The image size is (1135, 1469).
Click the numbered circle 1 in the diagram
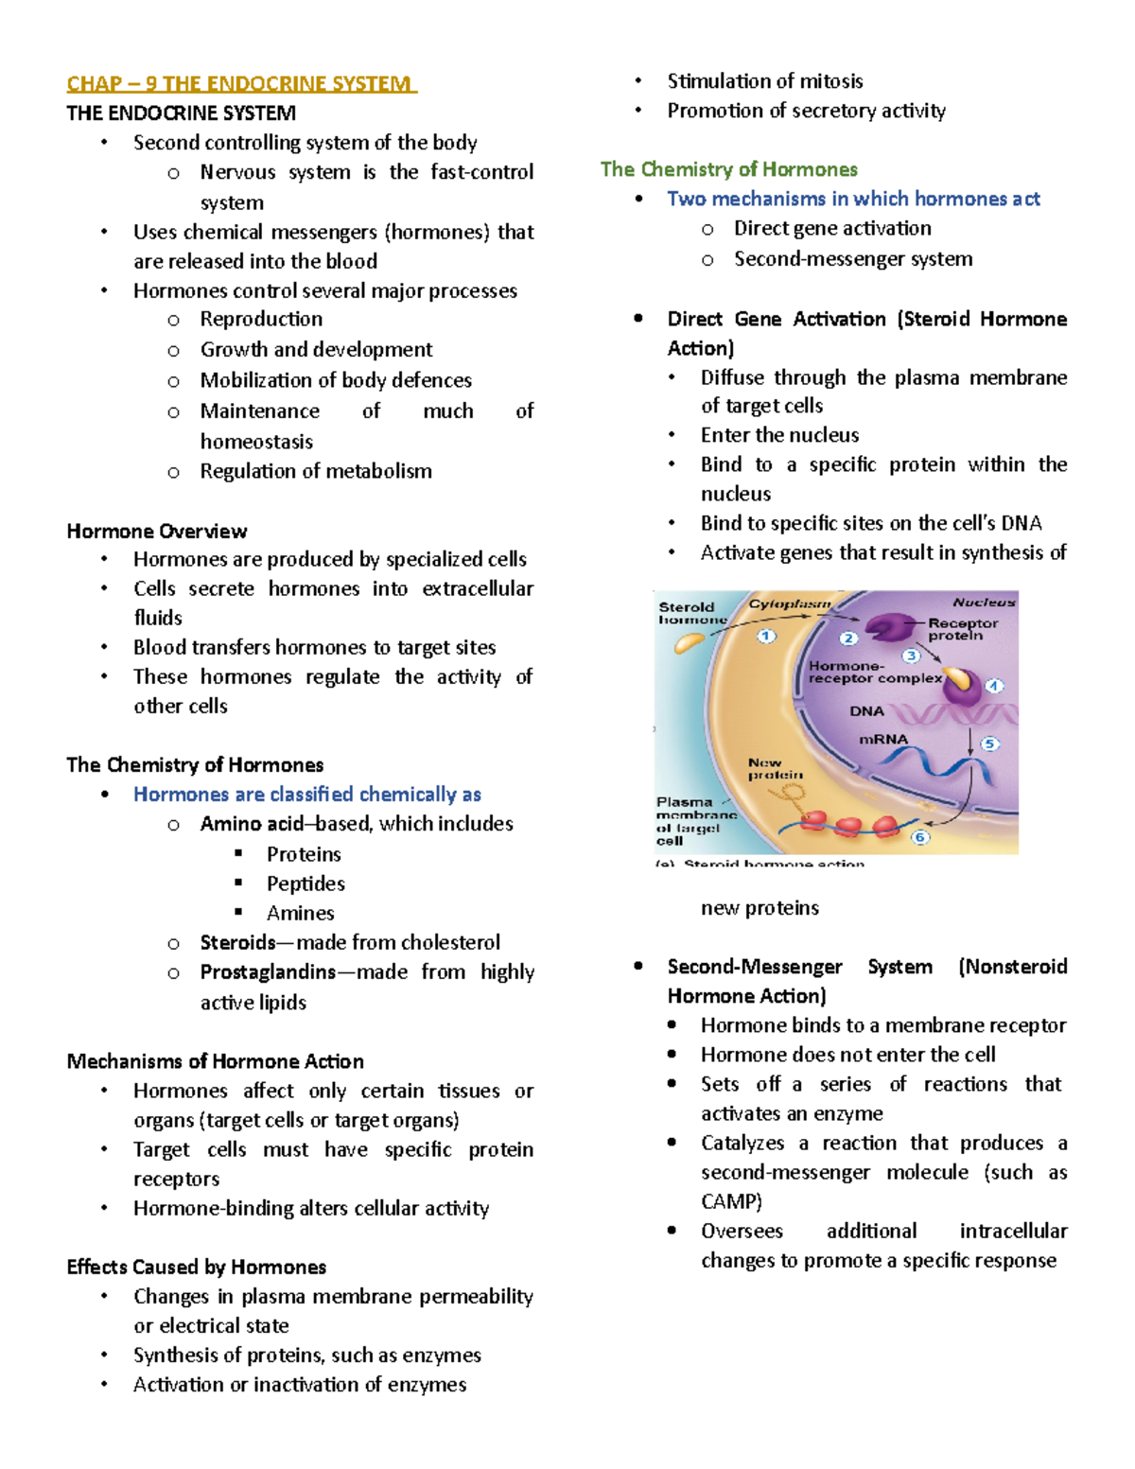click(x=766, y=637)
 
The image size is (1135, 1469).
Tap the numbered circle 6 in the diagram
click(x=919, y=837)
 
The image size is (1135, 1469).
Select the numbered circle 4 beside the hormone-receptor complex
click(x=994, y=686)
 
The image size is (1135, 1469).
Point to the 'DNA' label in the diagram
click(x=866, y=711)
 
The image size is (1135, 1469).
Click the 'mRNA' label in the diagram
click(x=882, y=740)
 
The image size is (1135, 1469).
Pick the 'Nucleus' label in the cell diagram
click(x=984, y=603)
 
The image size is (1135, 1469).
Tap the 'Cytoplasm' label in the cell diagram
click(x=790, y=603)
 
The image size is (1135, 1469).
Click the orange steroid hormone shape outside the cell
click(x=689, y=643)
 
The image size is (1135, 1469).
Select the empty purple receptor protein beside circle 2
click(x=886, y=628)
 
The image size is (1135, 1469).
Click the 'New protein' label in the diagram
click(x=775, y=768)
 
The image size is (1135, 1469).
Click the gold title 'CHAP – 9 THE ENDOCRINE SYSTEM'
click(x=240, y=84)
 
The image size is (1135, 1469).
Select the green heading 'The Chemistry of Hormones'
click(x=728, y=169)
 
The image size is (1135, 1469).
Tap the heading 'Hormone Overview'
click(x=157, y=531)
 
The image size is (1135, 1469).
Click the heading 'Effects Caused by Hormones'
click(x=197, y=1267)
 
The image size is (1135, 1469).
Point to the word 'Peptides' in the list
click(x=306, y=883)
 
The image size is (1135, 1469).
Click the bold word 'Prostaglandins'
click(x=268, y=971)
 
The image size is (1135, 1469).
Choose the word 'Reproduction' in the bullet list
click(x=261, y=319)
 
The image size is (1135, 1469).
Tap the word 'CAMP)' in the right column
click(x=731, y=1201)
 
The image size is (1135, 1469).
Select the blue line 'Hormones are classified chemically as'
click(x=307, y=795)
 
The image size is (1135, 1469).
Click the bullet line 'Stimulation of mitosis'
click(x=764, y=81)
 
